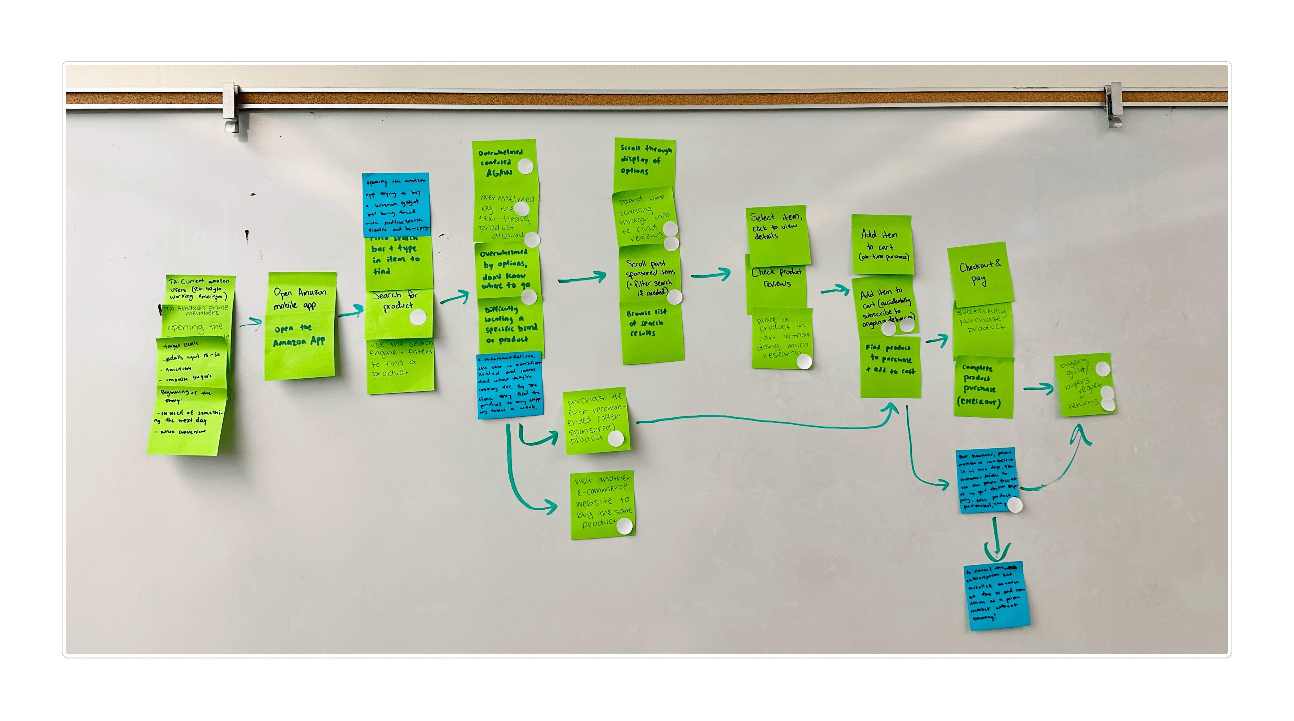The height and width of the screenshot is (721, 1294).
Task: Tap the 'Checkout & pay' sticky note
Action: pos(980,274)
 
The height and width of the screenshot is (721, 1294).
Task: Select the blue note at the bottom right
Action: pos(997,595)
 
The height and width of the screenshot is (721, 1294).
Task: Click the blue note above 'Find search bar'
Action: pos(396,205)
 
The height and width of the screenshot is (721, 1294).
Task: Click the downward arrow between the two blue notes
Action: pos(996,540)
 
